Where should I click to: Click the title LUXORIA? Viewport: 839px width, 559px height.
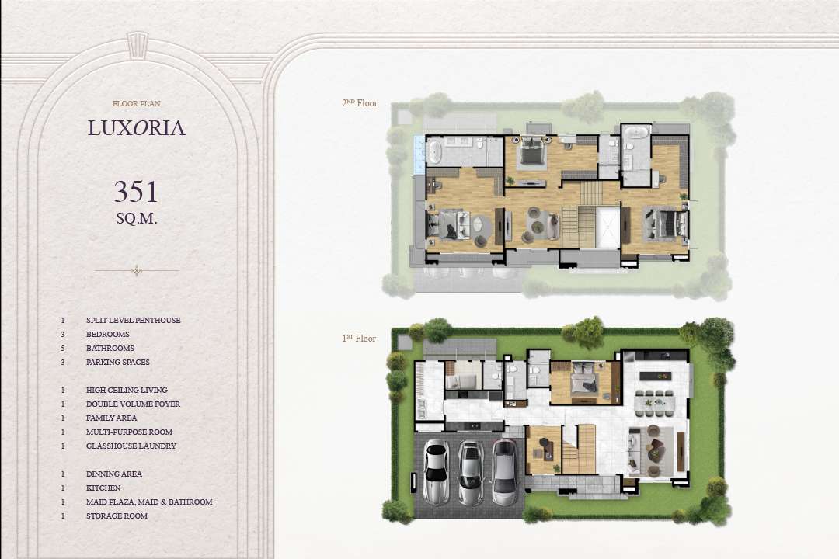coord(137,128)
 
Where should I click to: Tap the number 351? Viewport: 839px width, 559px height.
coord(136,192)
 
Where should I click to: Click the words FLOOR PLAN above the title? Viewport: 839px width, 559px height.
coord(137,104)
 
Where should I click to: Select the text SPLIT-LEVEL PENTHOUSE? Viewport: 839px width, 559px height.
coord(134,321)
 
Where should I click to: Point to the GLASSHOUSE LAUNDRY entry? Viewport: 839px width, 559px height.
coord(131,446)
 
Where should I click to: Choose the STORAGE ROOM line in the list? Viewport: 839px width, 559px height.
coord(117,516)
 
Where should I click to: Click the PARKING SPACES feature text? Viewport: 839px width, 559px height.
coord(118,362)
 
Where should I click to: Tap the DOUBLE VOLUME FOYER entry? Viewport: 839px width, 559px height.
coord(134,404)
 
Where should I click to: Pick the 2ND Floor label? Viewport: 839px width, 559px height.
coord(360,103)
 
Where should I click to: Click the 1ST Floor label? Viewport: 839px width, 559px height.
coord(359,338)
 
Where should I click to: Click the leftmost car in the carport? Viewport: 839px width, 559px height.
coord(436,472)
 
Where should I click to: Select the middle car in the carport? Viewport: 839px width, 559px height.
coord(471,473)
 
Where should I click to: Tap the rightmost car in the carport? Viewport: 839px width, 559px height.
coord(505,473)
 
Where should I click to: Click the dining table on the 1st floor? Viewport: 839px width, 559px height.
coord(654,403)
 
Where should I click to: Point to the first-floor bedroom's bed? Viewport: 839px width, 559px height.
coord(583,381)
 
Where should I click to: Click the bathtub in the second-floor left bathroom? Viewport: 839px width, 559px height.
coord(434,151)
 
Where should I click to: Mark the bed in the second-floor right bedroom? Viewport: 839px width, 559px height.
coord(666,224)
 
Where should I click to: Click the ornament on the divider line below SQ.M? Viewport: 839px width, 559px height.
coord(137,271)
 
